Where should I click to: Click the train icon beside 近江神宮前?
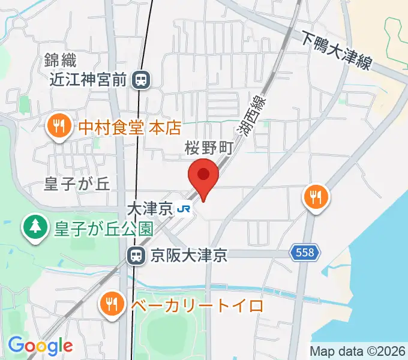click(142, 79)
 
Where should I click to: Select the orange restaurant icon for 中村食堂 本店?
click(58, 127)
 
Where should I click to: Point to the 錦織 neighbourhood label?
click(60, 59)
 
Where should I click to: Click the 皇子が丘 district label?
click(77, 184)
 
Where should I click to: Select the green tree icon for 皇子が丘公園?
click(35, 227)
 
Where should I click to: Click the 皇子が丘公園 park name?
click(103, 228)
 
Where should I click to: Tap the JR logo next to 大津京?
click(184, 209)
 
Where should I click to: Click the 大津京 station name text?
click(150, 209)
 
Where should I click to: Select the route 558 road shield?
click(305, 253)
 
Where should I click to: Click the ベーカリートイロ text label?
click(197, 305)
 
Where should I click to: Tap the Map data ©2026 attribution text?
click(357, 351)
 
